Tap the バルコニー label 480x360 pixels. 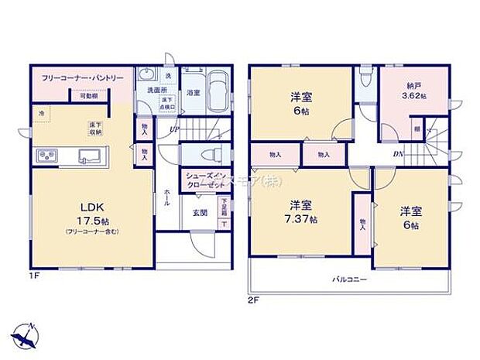point(351,278)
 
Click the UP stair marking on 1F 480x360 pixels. point(175,129)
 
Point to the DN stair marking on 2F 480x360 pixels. point(397,154)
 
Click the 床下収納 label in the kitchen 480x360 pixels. point(97,128)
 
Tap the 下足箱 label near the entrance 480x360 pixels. point(223,207)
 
